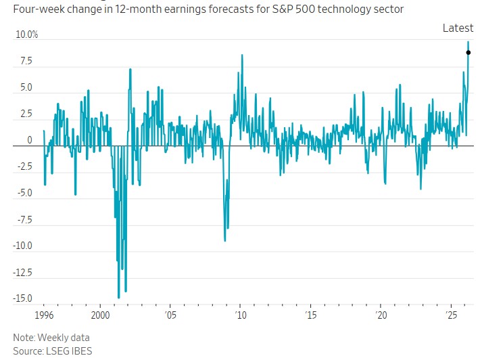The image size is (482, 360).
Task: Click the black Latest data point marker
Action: click(x=468, y=52)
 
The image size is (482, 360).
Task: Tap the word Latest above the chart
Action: click(x=458, y=28)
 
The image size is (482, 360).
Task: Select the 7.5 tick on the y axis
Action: click(x=26, y=61)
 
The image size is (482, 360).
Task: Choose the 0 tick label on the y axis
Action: click(x=29, y=140)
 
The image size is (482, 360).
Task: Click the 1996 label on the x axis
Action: click(x=44, y=316)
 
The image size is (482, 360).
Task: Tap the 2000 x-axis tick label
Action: click(x=100, y=316)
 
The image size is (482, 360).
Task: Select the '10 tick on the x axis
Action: click(x=240, y=316)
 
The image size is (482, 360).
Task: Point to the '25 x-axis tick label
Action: click(x=451, y=316)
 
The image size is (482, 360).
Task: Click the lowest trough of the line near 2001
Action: click(x=119, y=298)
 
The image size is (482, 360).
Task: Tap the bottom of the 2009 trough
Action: click(x=225, y=241)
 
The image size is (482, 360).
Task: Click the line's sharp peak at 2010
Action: click(x=241, y=55)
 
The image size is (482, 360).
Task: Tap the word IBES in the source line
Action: click(x=82, y=351)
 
